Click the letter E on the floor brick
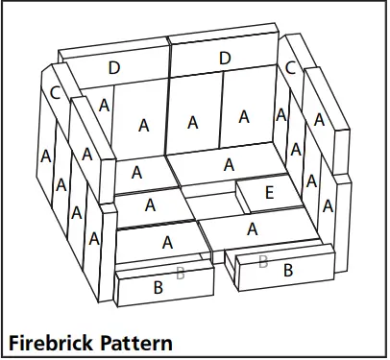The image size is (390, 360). coord(269,193)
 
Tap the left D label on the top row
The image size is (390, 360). coord(114,67)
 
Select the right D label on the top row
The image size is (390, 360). coord(225,59)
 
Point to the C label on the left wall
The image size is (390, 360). coord(56,93)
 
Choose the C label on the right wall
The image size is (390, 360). coord(290,67)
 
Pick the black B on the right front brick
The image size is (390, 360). coord(287,272)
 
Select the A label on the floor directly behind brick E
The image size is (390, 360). coord(228,164)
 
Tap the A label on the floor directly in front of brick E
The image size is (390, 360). coord(252,228)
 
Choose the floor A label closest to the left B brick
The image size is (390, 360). coord(166,241)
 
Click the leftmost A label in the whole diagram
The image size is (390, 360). coord(45,156)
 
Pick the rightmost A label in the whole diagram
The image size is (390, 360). coord(329,204)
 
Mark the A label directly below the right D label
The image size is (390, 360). coord(244,116)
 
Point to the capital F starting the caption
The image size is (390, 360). coord(13,342)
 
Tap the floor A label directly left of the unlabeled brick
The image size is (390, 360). coord(151,204)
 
